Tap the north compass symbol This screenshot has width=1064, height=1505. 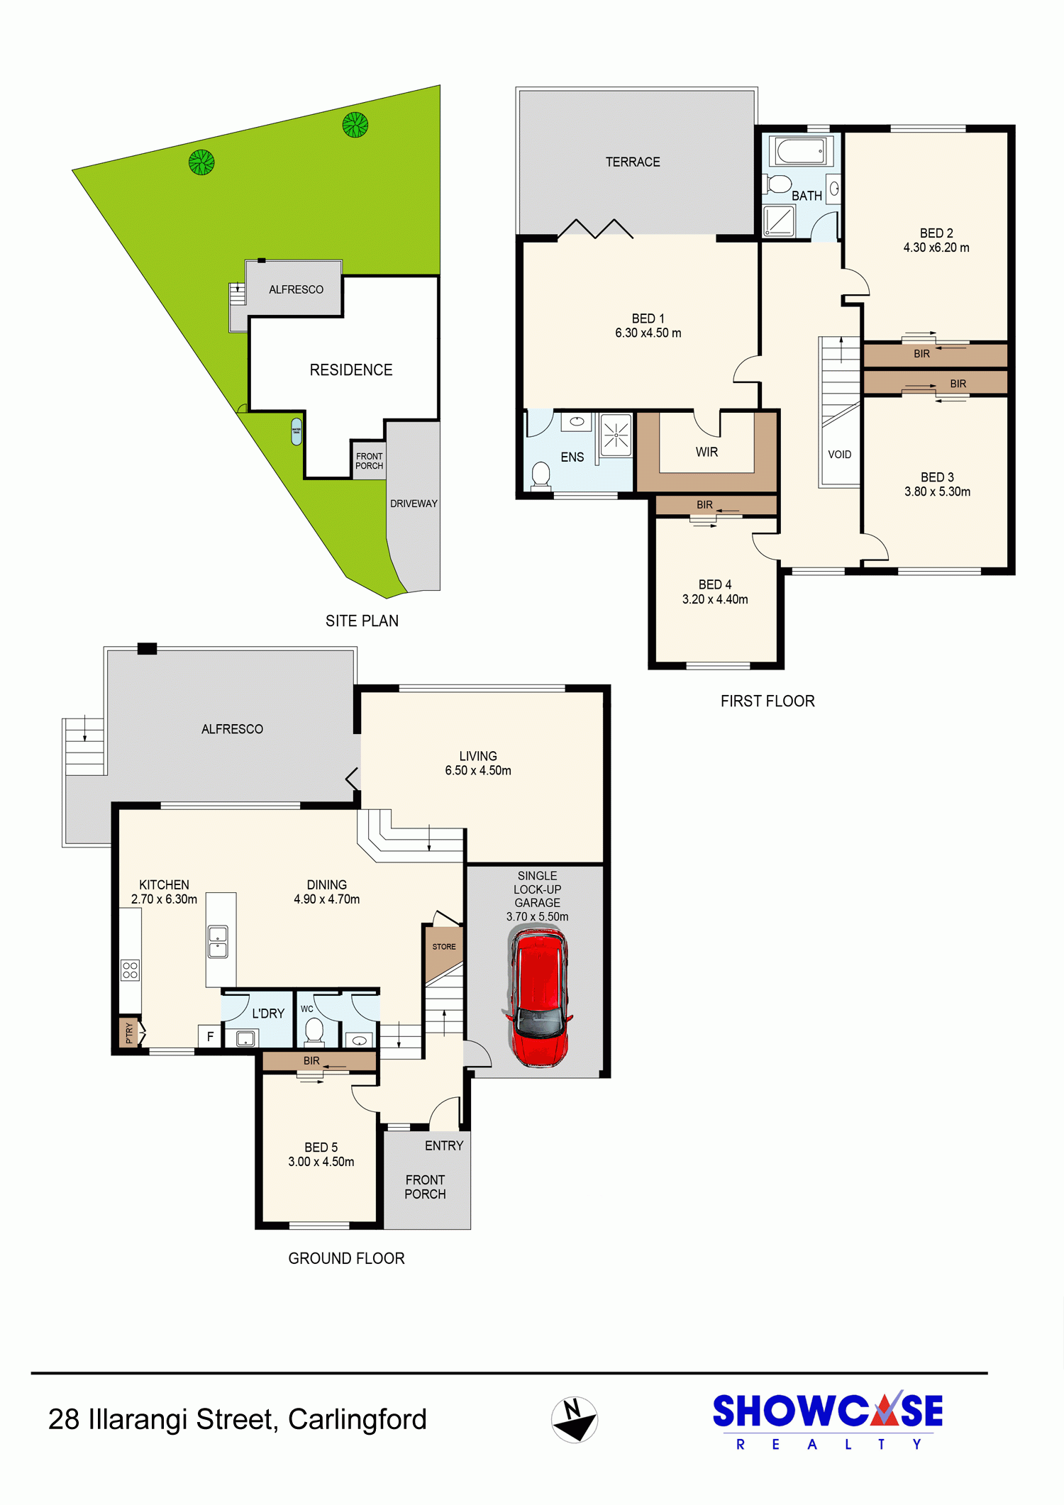click(575, 1419)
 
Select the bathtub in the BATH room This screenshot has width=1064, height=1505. click(801, 151)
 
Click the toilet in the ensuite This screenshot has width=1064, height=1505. click(541, 474)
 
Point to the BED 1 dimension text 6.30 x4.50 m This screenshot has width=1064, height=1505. click(648, 333)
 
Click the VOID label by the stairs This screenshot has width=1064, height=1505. click(840, 455)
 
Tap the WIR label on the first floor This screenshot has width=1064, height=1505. click(706, 452)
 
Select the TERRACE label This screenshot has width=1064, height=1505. click(633, 162)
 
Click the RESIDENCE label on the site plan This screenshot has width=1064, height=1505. click(351, 370)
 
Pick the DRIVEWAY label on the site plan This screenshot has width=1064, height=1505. click(414, 504)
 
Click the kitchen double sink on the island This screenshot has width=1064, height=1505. click(218, 942)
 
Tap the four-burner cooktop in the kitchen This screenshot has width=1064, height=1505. click(131, 970)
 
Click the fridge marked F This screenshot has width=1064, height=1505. click(210, 1036)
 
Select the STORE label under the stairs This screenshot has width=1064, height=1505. click(444, 947)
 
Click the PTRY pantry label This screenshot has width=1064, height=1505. click(129, 1033)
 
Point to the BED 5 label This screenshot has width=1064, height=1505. click(321, 1147)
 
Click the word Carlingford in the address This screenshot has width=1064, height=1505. click(358, 1419)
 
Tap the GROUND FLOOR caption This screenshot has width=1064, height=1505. click(346, 1258)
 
